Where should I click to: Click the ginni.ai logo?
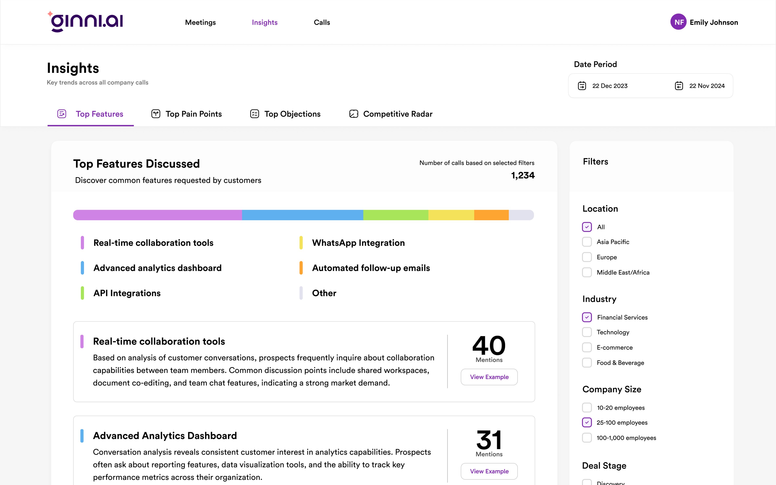pos(85,22)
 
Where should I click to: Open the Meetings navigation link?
pos(200,22)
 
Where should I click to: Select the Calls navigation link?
pos(322,22)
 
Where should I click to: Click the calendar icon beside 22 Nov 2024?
pos(679,86)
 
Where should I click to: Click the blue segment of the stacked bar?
pos(302,215)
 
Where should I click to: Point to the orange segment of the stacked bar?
pos(491,215)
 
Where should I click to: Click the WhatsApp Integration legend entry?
pos(358,243)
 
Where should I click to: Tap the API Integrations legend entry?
pos(127,293)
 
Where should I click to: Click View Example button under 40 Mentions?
pos(489,377)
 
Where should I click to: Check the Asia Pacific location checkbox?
pos(587,242)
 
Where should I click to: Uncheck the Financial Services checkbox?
pos(587,317)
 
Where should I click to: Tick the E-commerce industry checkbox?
pos(587,347)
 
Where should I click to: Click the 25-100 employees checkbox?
pos(587,422)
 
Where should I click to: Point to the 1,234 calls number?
pos(523,175)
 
